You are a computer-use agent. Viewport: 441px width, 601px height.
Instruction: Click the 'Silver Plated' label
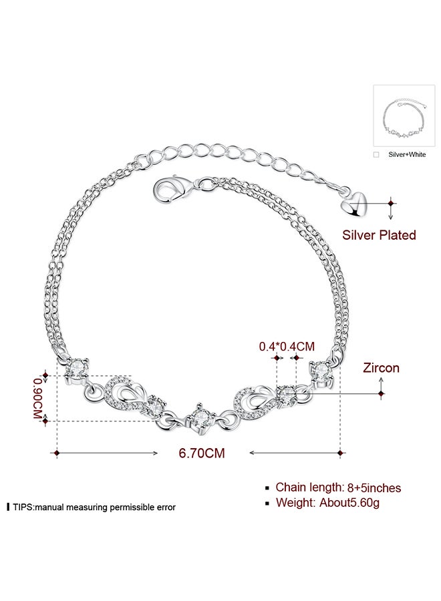point(379,235)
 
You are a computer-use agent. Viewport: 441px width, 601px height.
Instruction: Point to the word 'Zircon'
point(381,368)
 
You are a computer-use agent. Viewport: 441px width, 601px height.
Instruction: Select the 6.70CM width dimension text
point(202,453)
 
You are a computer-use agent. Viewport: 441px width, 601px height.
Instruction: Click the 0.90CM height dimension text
point(37,399)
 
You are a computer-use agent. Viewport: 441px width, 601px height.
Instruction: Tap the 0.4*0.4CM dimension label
point(287,347)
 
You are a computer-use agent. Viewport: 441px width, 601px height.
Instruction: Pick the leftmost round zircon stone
point(77,369)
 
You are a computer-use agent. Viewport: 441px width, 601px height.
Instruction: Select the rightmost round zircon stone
point(321,371)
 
